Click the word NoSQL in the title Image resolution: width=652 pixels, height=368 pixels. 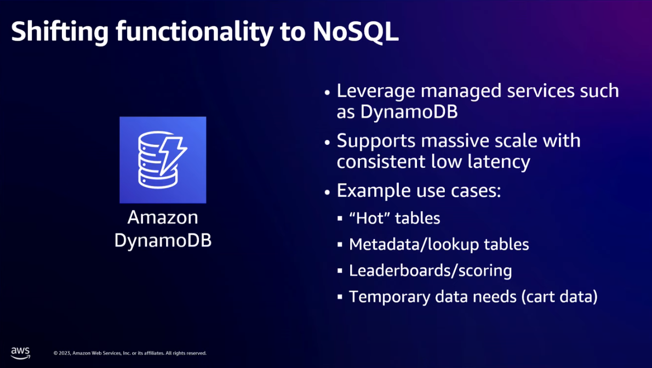tap(356, 32)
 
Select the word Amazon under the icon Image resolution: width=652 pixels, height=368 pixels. tap(163, 217)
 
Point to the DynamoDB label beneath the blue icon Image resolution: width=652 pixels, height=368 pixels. tap(163, 240)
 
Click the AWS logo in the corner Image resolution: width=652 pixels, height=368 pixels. tap(20, 353)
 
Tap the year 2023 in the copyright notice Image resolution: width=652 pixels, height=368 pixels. tap(65, 353)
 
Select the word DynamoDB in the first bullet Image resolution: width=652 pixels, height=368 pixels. tap(409, 111)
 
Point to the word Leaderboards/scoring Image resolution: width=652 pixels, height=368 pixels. tap(430, 270)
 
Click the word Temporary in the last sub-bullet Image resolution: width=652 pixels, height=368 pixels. tap(389, 297)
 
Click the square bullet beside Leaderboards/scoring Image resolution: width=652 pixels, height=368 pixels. tap(340, 270)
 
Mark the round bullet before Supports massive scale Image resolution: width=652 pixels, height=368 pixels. tap(327, 143)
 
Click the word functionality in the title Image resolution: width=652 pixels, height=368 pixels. tap(195, 32)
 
